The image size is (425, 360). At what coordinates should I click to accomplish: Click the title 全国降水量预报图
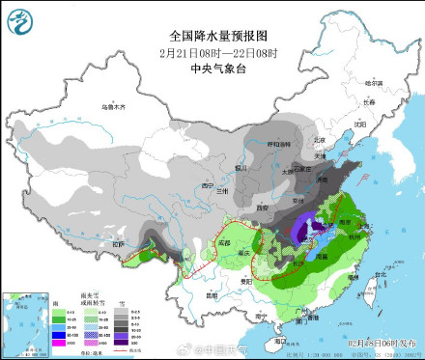tap(212, 34)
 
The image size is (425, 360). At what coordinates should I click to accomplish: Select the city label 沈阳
tap(360, 124)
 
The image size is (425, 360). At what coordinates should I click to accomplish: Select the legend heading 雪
tap(120, 302)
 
